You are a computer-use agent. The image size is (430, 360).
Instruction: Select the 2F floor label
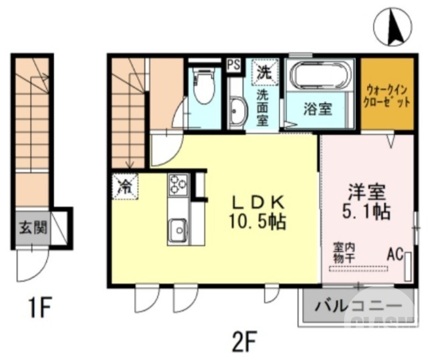[247, 340]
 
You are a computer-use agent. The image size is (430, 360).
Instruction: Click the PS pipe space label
[233, 64]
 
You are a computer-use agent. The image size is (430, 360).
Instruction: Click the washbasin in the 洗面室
[236, 113]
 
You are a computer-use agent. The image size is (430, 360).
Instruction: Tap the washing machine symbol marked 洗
[263, 72]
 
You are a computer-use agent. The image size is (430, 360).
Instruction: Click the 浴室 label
[317, 109]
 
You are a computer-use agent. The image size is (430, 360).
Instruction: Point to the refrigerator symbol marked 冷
[125, 186]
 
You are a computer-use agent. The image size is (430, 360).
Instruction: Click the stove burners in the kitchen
[177, 184]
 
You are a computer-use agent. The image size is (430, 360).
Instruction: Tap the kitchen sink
[177, 230]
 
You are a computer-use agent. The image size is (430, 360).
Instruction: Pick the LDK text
[257, 201]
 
